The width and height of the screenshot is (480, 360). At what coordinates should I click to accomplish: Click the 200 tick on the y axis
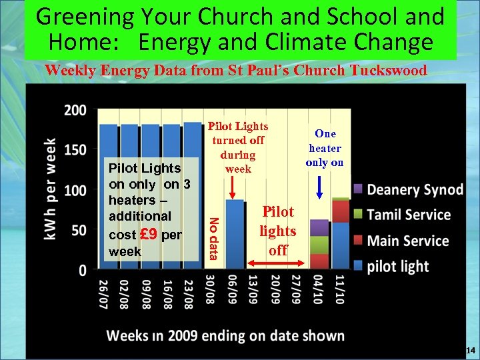coord(75,110)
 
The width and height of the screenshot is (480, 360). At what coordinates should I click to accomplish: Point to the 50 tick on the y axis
coord(79,231)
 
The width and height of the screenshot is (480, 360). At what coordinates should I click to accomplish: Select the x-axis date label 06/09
coord(235,293)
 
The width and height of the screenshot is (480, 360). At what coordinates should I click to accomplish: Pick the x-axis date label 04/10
coord(320,293)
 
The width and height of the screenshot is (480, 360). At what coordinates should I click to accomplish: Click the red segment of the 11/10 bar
coord(341,211)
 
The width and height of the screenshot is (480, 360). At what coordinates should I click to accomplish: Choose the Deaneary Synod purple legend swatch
coord(358,190)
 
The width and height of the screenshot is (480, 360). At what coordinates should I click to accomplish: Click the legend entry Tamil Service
coord(409,215)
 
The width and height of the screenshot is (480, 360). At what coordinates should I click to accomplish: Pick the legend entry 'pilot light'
coord(398,266)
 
